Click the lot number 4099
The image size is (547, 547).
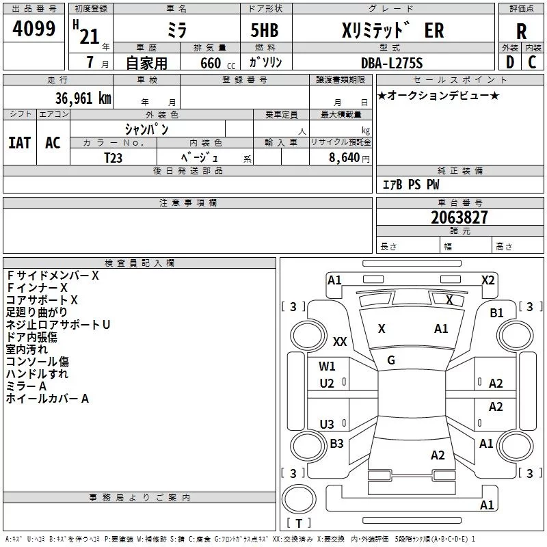pos(34,29)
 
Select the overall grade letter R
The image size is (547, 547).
pos(521,31)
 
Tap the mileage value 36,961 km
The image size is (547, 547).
pos(83,98)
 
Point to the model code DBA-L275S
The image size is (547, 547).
pos(392,63)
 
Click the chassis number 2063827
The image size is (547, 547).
pos(459,217)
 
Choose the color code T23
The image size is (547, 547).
pos(113,158)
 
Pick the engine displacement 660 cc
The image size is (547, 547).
pos(217,63)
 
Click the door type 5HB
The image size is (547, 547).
pos(265,30)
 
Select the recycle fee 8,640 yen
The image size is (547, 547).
pos(349,158)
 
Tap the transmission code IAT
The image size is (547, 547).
pos(20,143)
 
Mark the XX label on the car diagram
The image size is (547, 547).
pos(340,341)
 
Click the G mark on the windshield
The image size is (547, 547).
pos(391,360)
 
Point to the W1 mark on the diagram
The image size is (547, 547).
pos(327,366)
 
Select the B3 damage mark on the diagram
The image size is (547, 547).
pos(336,443)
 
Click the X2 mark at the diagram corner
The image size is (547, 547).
pos(488,280)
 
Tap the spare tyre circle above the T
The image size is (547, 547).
pos(299,499)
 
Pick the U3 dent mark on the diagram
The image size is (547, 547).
pos(327,424)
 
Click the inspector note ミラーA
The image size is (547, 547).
pos(26,386)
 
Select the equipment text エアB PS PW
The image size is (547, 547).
pos(411,185)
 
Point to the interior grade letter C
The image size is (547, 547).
pos(532,62)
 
